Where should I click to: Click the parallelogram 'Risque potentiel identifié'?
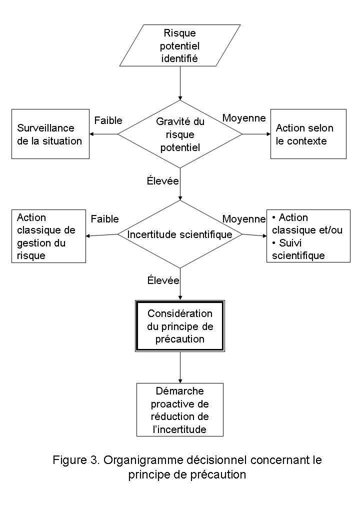coord(180,45)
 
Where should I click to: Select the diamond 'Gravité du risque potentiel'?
coord(180,134)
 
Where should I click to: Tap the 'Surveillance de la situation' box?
coord(50,134)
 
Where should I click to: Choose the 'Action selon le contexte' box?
coord(308,134)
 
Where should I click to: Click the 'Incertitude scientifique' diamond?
coord(180,234)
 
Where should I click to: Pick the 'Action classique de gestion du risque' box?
coord(49,236)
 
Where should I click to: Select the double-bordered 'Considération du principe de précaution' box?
coord(180,326)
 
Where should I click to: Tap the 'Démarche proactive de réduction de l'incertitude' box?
coord(180,409)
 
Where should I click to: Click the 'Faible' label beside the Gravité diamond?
coord(108,120)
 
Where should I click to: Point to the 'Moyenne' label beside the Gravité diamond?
coord(244,117)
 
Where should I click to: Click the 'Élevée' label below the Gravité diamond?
coord(163,180)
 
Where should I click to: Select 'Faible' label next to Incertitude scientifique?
coord(104,219)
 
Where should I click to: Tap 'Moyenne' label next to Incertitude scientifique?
coord(244,219)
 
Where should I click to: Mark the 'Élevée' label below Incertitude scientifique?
coord(163,280)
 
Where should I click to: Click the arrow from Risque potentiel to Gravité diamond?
coord(180,83)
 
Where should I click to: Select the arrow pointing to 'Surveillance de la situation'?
coord(103,134)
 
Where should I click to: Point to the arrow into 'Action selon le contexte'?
coord(256,134)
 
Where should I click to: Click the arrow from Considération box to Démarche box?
coord(180,367)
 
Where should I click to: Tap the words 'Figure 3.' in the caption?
coord(76,460)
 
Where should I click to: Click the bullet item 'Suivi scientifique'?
coord(298,249)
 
